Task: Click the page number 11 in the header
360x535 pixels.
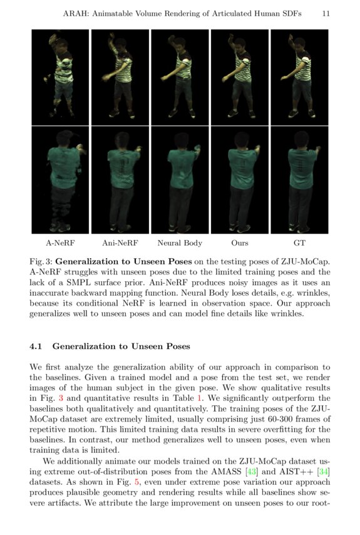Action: (x=326, y=13)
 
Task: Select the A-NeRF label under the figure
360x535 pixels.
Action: (x=58, y=242)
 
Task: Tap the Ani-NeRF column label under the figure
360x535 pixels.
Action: (x=120, y=242)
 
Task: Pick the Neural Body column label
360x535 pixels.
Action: (x=178, y=242)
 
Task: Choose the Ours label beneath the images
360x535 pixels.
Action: (x=239, y=242)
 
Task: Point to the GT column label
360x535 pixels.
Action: (x=299, y=242)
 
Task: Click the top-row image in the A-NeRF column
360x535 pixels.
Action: (x=60, y=76)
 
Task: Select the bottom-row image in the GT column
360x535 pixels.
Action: (x=299, y=180)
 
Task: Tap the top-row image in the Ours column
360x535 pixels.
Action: (x=239, y=76)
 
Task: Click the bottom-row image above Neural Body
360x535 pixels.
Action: (x=180, y=180)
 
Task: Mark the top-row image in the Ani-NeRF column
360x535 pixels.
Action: (x=120, y=76)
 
